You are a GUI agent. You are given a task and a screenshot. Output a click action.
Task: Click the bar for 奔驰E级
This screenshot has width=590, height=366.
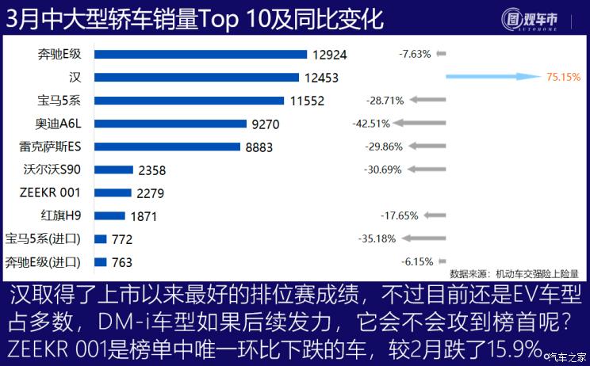[200, 54]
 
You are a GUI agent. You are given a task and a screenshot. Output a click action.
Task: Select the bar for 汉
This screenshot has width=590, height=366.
[197, 77]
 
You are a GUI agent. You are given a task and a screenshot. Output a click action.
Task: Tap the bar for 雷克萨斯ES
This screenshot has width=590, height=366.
[167, 146]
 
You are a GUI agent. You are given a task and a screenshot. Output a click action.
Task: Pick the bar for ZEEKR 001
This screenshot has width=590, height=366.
[113, 192]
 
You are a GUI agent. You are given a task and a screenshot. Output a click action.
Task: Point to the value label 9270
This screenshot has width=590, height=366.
[265, 124]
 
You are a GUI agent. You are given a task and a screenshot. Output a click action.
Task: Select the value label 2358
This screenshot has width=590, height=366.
[152, 170]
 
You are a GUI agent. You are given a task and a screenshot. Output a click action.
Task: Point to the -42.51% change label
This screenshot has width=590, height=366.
[371, 124]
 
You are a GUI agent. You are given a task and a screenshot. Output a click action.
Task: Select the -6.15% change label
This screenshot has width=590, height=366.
[416, 261]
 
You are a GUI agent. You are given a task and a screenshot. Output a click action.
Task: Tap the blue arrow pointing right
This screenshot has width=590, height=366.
[492, 78]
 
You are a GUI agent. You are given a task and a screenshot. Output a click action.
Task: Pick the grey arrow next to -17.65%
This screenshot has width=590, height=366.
[435, 215]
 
